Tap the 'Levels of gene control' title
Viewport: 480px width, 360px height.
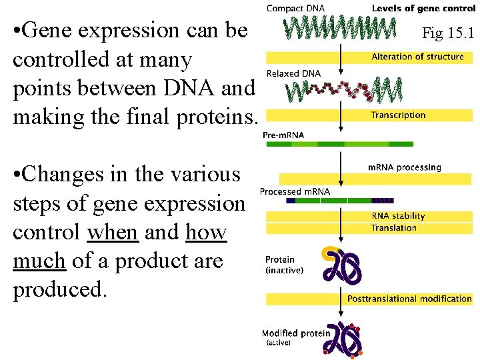click(423, 8)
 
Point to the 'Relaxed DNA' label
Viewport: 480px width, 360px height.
click(293, 73)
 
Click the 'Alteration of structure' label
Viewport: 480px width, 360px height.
click(417, 57)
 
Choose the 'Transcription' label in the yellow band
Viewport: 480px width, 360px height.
click(399, 115)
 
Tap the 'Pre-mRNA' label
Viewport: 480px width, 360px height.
click(283, 135)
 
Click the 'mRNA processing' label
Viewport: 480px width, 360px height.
click(405, 167)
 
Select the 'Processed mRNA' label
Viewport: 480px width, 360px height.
click(295, 191)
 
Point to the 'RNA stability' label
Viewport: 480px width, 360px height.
click(398, 216)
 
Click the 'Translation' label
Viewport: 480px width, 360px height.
click(394, 228)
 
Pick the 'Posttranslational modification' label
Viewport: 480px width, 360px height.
click(409, 299)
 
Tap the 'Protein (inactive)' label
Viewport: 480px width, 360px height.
click(284, 265)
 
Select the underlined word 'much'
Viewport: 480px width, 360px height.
click(39, 261)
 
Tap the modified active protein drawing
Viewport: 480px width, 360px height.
click(342, 338)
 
